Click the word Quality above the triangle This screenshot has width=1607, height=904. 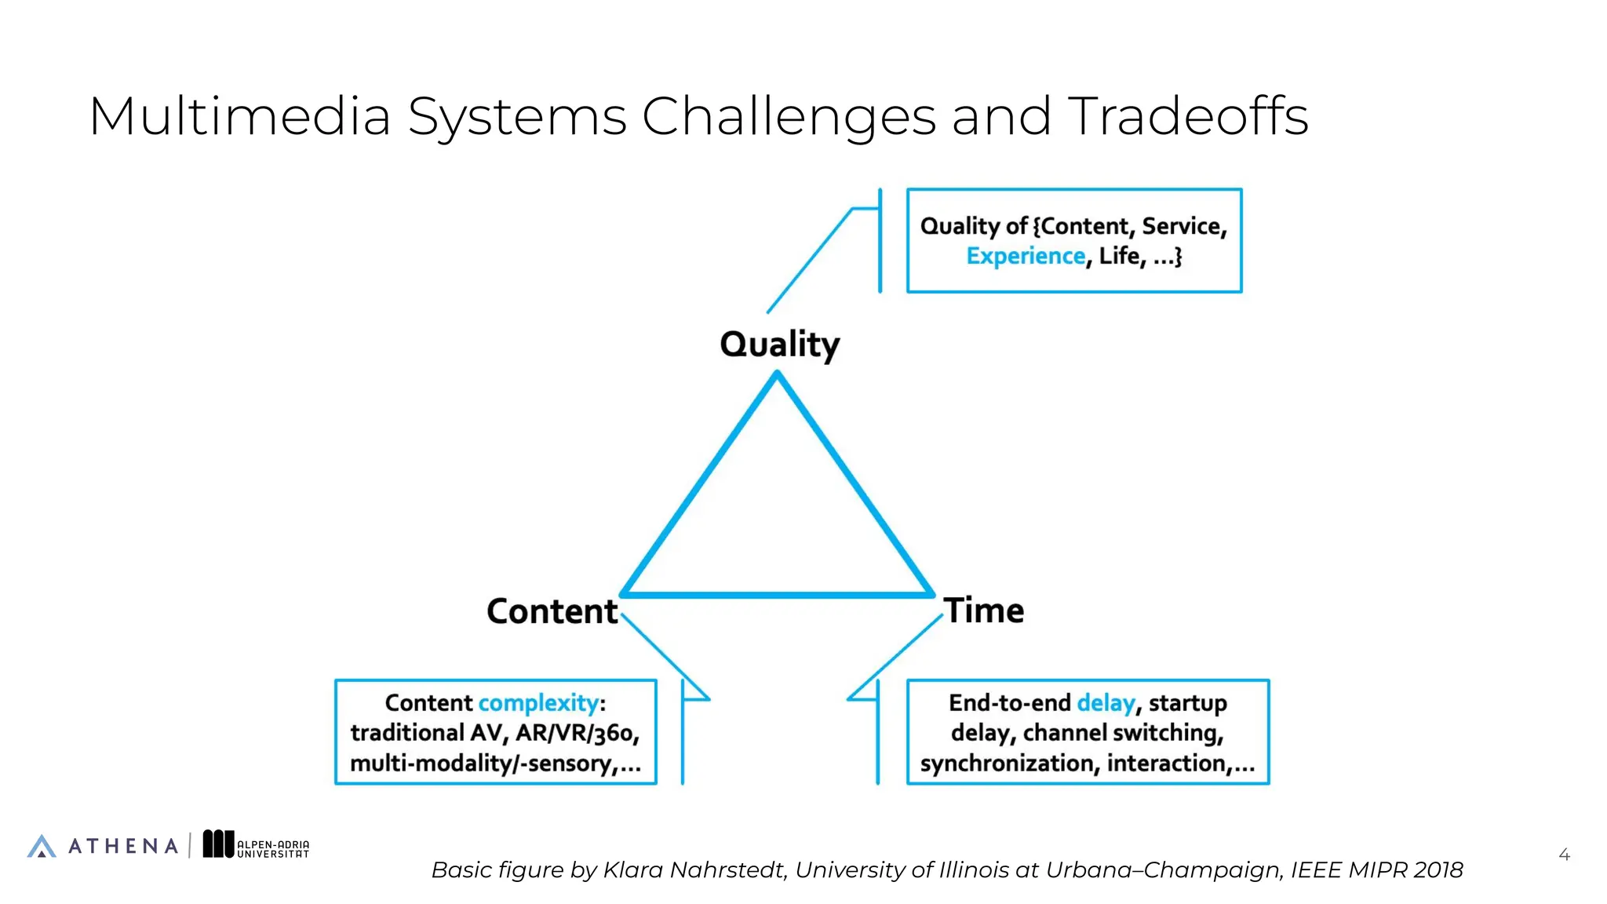(779, 344)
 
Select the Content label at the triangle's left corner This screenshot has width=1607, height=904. (552, 611)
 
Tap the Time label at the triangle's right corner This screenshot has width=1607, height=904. (984, 611)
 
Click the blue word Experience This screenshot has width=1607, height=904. (1025, 256)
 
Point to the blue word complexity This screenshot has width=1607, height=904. (538, 702)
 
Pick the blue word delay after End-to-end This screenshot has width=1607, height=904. (1105, 702)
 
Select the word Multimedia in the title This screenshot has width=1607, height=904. (239, 116)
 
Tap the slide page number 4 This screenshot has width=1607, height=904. (1564, 855)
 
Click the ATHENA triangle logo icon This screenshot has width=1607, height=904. (42, 846)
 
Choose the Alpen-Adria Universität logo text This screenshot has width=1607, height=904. (272, 849)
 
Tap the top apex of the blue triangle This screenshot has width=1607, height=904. (777, 377)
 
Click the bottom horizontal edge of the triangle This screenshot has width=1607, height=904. (777, 594)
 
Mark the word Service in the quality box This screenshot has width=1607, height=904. (1183, 226)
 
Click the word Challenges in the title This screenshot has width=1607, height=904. (789, 116)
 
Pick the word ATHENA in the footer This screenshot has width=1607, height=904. (123, 846)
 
